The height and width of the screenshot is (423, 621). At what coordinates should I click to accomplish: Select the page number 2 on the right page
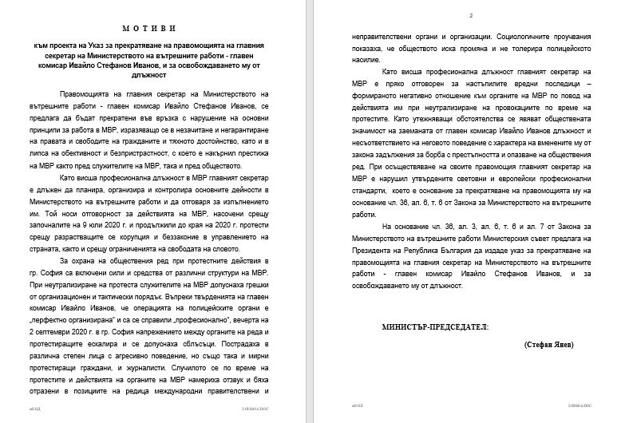(471, 15)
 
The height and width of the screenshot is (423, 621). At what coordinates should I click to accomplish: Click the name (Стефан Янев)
(550, 344)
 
